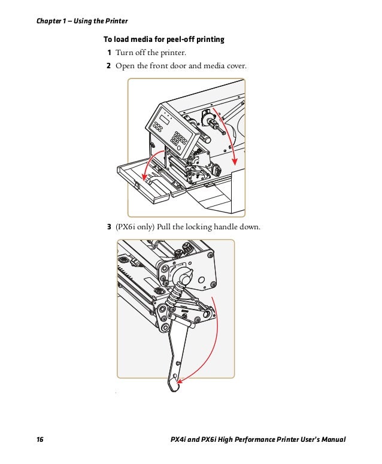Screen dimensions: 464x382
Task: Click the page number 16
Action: pyautogui.click(x=40, y=441)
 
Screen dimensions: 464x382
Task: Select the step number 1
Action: pyautogui.click(x=109, y=53)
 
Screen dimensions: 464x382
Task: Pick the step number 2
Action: pyautogui.click(x=109, y=65)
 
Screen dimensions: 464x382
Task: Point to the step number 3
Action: pyautogui.click(x=109, y=227)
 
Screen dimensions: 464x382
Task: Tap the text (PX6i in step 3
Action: pyautogui.click(x=126, y=227)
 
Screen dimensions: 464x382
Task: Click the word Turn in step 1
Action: pyautogui.click(x=125, y=53)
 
